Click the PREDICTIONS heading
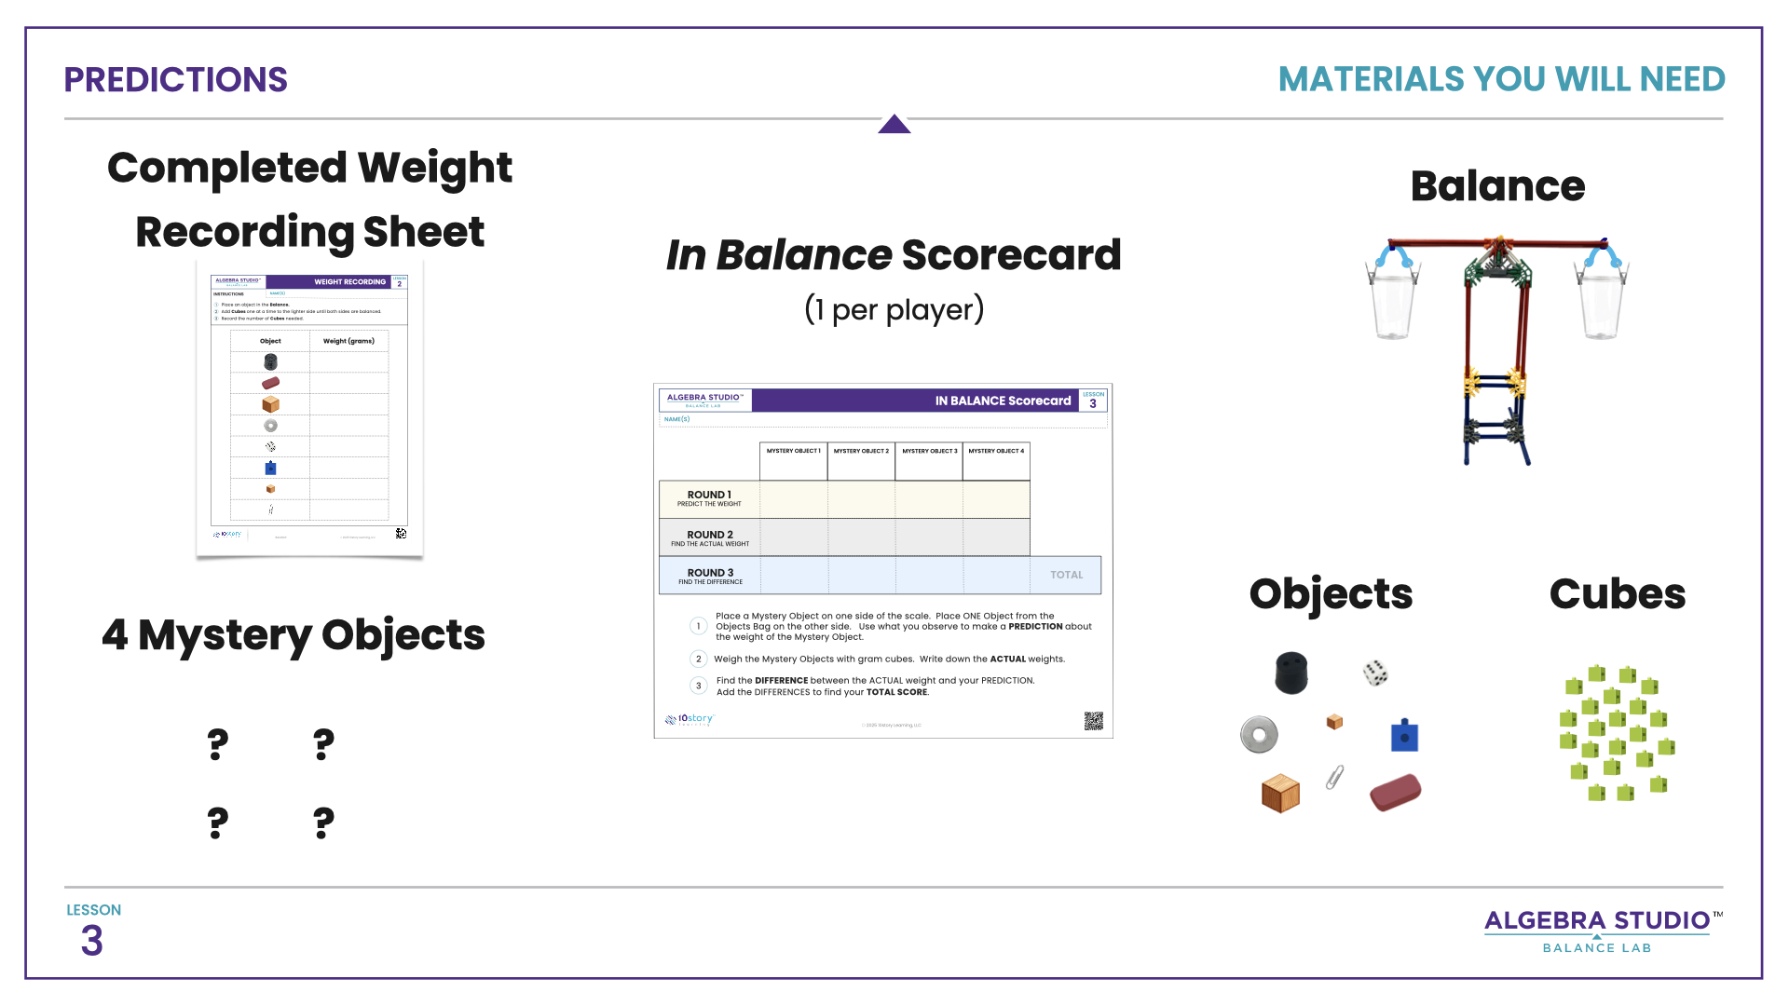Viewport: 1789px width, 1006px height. [x=175, y=80]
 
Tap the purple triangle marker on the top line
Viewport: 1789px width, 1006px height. [x=894, y=125]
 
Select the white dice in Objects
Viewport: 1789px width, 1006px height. [x=1375, y=673]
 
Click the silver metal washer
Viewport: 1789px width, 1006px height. [x=1259, y=734]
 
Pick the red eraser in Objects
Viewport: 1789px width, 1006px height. [x=1395, y=793]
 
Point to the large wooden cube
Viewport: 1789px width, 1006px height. [x=1280, y=794]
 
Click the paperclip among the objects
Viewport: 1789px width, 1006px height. [x=1335, y=777]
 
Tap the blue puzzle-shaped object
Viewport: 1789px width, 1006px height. [x=1404, y=735]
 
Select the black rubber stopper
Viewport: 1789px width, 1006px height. [x=1291, y=673]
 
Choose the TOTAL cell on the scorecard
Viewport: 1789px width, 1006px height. [x=1066, y=576]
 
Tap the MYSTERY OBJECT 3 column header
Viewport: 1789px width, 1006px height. [x=929, y=451]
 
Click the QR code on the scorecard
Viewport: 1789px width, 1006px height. [x=1093, y=721]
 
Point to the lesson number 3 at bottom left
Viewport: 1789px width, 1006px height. [x=91, y=941]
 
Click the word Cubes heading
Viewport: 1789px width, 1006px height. [x=1617, y=594]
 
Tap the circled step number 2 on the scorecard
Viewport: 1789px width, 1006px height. [x=698, y=659]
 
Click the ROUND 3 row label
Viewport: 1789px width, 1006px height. [x=710, y=576]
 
